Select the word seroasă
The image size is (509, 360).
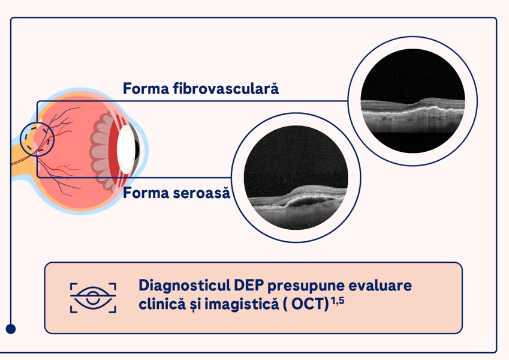pyautogui.click(x=201, y=193)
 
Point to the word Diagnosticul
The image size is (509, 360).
pyautogui.click(x=184, y=286)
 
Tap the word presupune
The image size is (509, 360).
pyautogui.click(x=306, y=286)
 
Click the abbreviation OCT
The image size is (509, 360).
pyautogui.click(x=310, y=304)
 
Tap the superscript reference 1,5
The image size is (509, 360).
pyautogui.click(x=338, y=301)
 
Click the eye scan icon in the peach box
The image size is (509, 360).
pyautogui.click(x=93, y=298)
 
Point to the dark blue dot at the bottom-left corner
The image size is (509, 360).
pyautogui.click(x=11, y=329)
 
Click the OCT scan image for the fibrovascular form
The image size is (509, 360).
pyautogui.click(x=412, y=101)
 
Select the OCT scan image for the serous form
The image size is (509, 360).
pyautogui.click(x=296, y=178)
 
